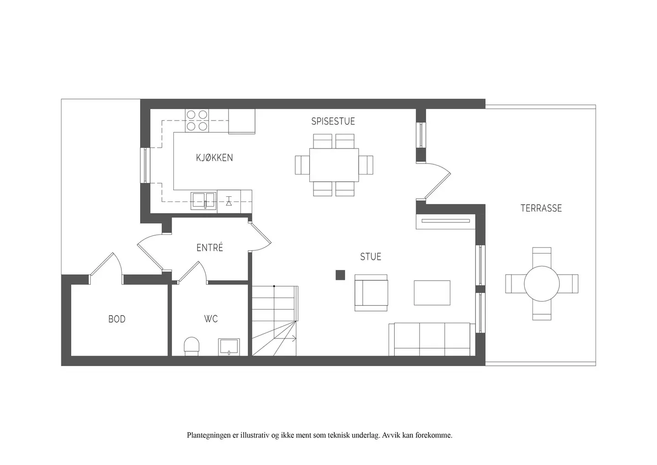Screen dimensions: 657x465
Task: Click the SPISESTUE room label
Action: pos(333,121)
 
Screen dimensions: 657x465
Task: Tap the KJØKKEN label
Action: pos(214,158)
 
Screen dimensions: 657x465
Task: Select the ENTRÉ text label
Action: pos(210,248)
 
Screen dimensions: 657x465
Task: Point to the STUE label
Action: pos(371,257)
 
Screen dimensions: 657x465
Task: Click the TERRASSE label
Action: pos(541,208)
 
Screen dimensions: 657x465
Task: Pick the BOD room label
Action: pos(117,319)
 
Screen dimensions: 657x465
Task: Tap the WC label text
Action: pos(211,319)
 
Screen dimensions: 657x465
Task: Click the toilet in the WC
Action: pos(192,346)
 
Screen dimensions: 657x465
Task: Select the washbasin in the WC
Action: pos(229,347)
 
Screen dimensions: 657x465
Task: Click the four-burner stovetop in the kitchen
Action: pos(197,120)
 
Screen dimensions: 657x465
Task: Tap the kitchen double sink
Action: pos(203,201)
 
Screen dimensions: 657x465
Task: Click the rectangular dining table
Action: pos(334,165)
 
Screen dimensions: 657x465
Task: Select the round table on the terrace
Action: pos(542,284)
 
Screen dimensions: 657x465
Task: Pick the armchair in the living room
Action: pos(371,293)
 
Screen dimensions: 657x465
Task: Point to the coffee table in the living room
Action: pos(432,293)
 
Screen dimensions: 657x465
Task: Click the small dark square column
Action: pos(340,275)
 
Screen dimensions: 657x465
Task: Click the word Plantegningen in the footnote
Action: pos(209,435)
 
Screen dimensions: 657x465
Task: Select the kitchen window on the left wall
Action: pos(145,165)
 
